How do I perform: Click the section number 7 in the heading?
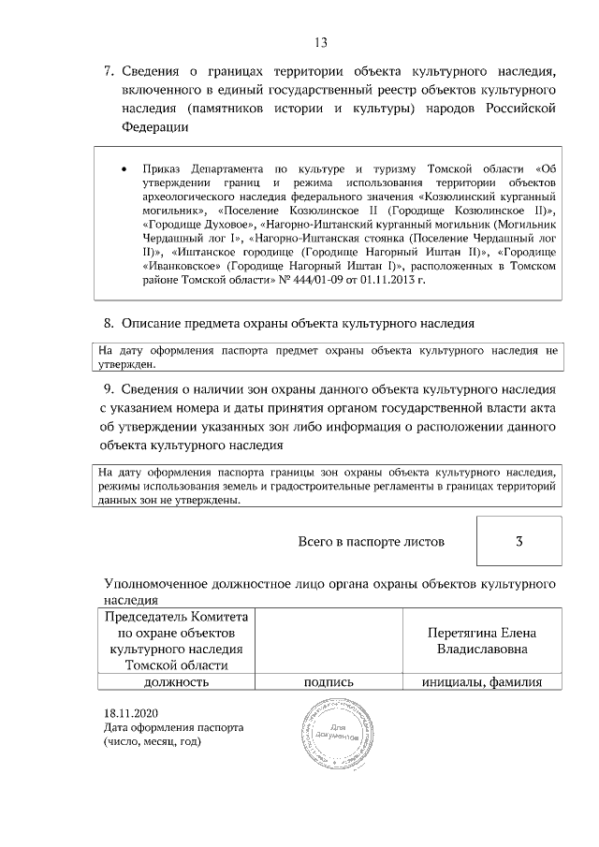108,70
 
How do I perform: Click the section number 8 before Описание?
108,324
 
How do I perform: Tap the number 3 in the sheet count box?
519,541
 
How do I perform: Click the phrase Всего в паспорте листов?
371,542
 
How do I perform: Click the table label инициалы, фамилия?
482,682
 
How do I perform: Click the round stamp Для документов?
333,733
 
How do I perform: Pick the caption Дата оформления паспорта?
174,726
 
